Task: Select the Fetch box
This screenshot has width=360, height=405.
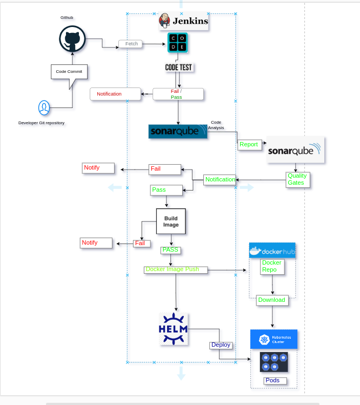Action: point(131,44)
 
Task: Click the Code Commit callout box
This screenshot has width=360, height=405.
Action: point(69,72)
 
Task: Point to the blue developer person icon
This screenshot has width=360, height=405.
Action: point(44,108)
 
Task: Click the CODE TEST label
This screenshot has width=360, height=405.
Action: point(178,67)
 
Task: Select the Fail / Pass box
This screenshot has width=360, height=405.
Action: point(178,94)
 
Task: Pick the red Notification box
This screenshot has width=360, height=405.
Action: point(115,94)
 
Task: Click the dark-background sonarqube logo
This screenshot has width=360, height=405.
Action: point(178,132)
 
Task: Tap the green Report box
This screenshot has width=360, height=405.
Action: point(249,144)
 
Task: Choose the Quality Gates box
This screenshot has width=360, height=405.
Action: point(297,179)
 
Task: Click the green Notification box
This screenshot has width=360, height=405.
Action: point(220,179)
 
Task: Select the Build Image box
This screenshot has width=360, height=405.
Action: point(171,221)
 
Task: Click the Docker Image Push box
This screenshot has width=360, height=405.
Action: point(176,269)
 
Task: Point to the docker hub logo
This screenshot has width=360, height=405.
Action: point(272,251)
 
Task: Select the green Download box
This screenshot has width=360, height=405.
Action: point(272,300)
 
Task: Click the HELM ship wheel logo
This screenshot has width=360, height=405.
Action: point(174,328)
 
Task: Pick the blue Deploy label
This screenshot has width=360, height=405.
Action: point(221,345)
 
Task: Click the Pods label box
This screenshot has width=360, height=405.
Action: point(274,381)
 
